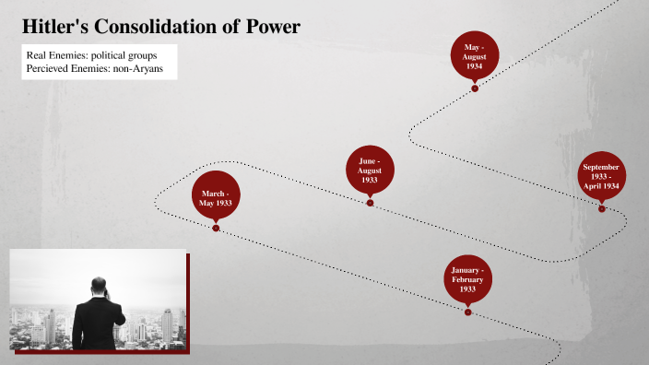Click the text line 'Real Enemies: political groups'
pyautogui.click(x=91, y=55)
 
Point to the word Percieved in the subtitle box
pyautogui.click(x=50, y=69)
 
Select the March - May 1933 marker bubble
pyautogui.click(x=216, y=195)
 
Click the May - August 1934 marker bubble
pyautogui.click(x=474, y=55)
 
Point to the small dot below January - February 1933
pyautogui.click(x=467, y=312)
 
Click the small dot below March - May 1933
pyautogui.click(x=216, y=228)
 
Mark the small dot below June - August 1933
pyautogui.click(x=370, y=203)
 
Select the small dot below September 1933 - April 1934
pyautogui.click(x=602, y=208)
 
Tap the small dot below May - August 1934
pyautogui.click(x=475, y=88)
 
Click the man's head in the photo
pyautogui.click(x=100, y=288)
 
